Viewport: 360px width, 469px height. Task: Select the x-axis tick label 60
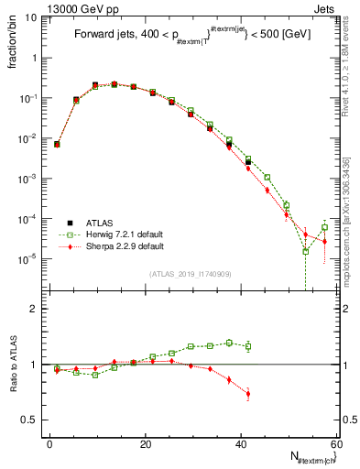click(x=335, y=444)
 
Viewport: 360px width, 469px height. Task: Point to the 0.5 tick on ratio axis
click(x=34, y=420)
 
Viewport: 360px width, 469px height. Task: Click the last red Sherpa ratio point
click(x=248, y=394)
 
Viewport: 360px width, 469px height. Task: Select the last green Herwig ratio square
click(x=248, y=345)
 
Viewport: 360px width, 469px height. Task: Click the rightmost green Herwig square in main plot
click(x=324, y=228)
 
